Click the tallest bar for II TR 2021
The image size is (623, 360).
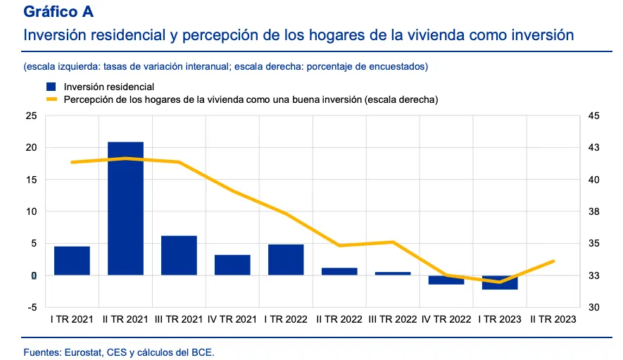tap(125, 209)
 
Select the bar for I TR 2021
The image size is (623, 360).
tap(72, 261)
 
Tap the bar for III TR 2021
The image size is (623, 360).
tap(179, 255)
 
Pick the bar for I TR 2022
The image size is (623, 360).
tap(286, 259)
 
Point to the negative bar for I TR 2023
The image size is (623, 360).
tap(500, 282)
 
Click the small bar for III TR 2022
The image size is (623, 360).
tap(393, 273)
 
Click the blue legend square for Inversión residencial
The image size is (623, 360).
tap(51, 87)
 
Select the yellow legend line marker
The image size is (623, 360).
tap(51, 100)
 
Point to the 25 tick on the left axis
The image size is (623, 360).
tap(31, 116)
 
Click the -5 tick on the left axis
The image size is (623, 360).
tap(31, 307)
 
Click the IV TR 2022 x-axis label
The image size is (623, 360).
tap(446, 319)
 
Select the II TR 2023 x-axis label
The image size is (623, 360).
tap(553, 319)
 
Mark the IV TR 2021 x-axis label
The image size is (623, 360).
tap(232, 319)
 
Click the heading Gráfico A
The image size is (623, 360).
tap(58, 12)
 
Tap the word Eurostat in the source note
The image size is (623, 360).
tap(82, 351)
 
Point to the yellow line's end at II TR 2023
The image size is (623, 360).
tap(553, 261)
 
